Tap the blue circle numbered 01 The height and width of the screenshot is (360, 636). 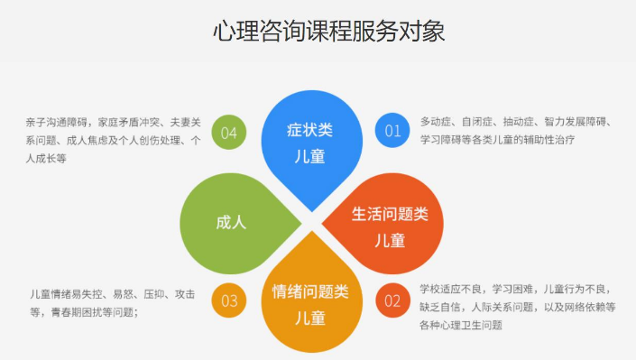[392, 131]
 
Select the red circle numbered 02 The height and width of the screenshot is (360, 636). [392, 300]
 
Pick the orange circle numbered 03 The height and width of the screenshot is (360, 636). [228, 300]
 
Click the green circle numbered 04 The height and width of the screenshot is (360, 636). [228, 134]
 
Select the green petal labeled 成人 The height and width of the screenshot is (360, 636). [230, 222]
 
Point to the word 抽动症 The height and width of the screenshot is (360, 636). [517, 122]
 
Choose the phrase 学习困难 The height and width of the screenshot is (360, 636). [513, 290]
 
